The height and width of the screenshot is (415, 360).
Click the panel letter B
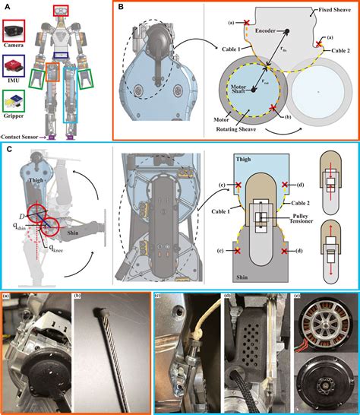pos(122,8)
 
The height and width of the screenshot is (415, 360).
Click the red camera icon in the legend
pos(15,30)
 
